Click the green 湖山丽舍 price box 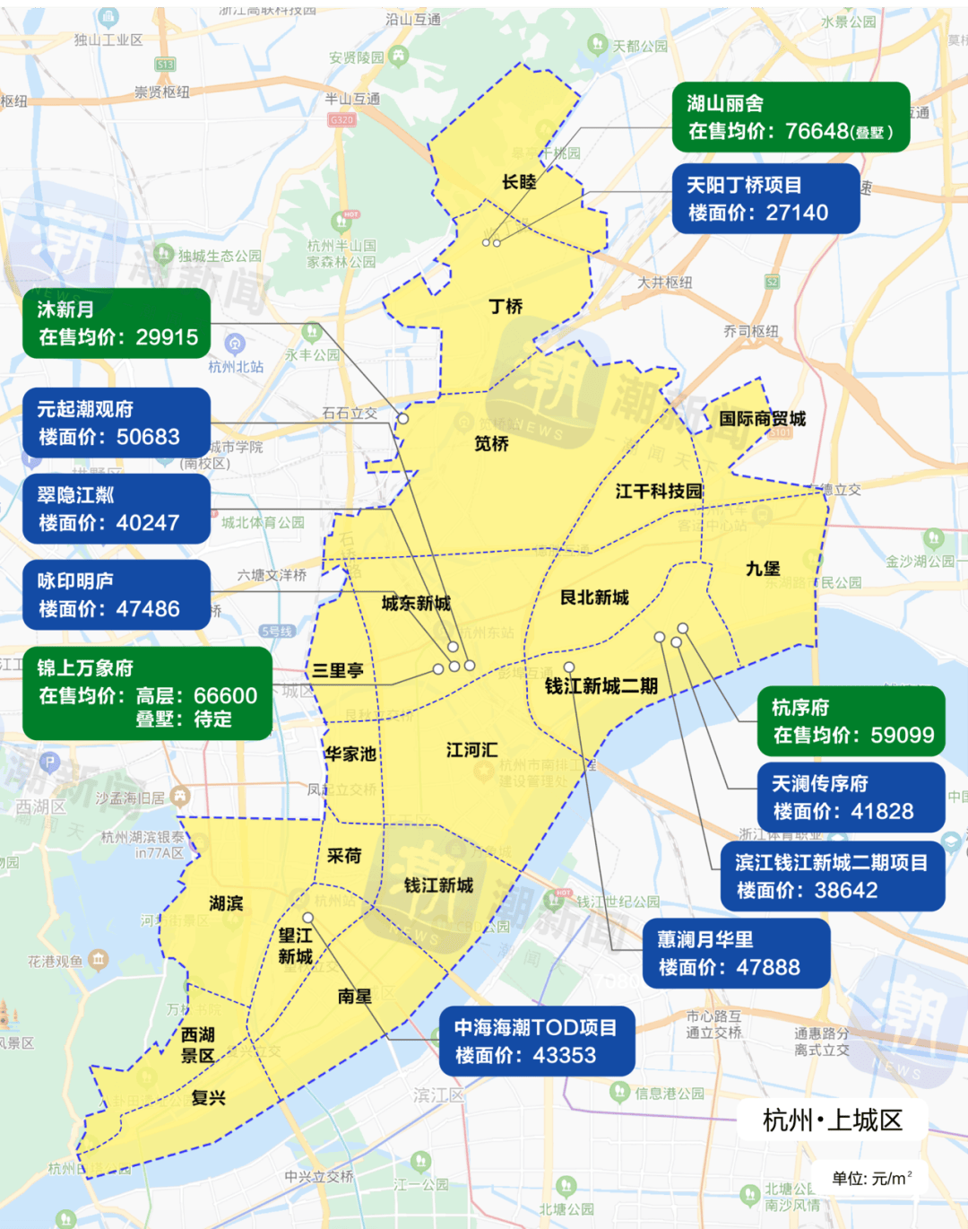coord(791,118)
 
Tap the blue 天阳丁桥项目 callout coord(765,198)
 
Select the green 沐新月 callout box coord(117,324)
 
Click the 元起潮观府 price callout coord(117,423)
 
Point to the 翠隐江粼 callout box coord(117,510)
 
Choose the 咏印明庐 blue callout coord(117,596)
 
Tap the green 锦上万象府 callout coord(147,693)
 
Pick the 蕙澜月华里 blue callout coord(737,954)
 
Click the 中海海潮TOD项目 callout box coord(537,1042)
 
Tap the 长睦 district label coord(519,182)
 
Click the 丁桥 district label coord(506,307)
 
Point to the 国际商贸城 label coord(762,419)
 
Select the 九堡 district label coord(763,569)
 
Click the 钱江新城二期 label coord(601,686)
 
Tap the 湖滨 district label coord(226,903)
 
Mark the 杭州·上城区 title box coord(832,1120)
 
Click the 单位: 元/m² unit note coord(871,1179)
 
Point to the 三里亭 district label coord(338,671)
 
